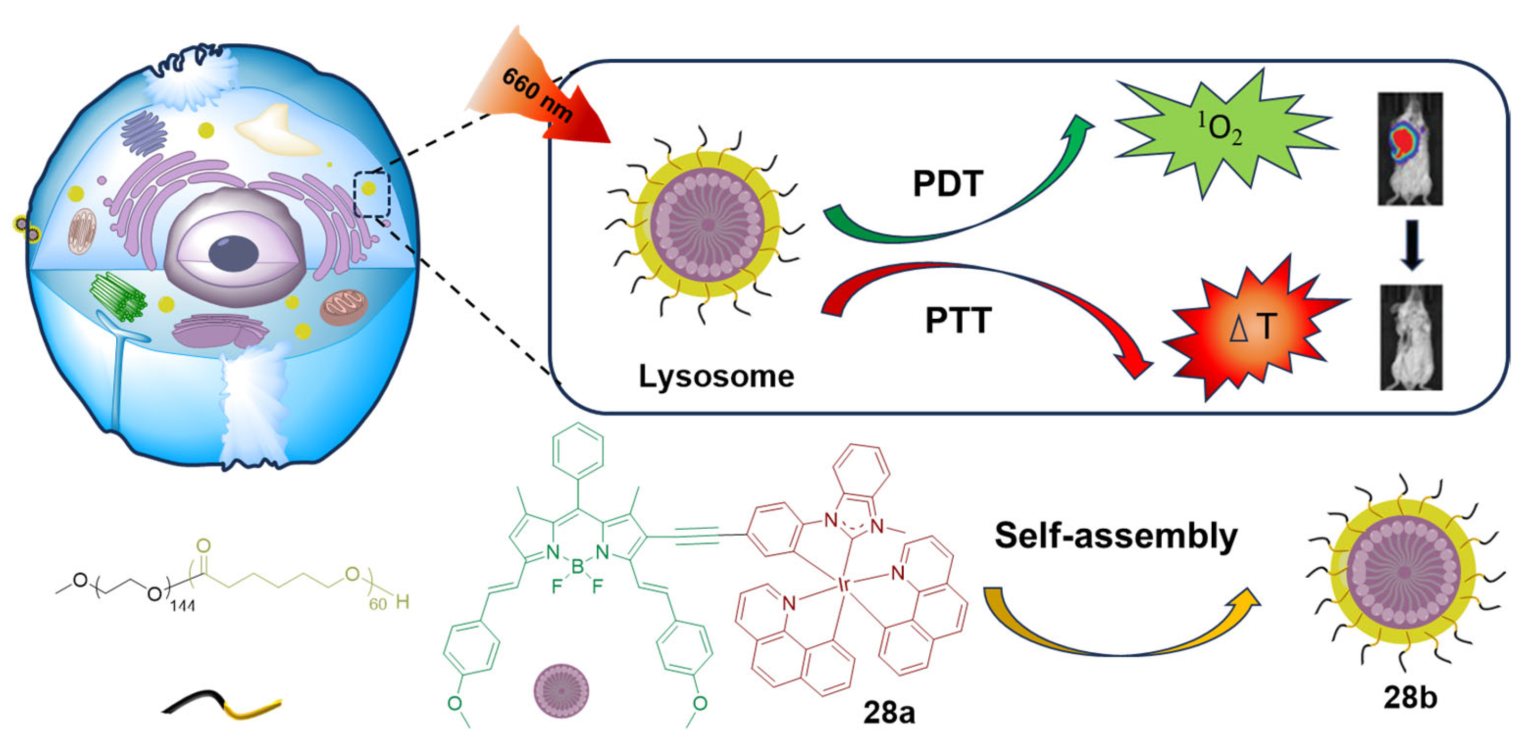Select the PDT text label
(948, 183)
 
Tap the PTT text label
(958, 320)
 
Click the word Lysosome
(716, 376)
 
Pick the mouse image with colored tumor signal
(1410, 148)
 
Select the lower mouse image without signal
(1410, 338)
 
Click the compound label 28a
(889, 712)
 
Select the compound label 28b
(1410, 697)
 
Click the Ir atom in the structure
(844, 584)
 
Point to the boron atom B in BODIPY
(577, 567)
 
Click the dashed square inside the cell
(372, 194)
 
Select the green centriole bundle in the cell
(118, 297)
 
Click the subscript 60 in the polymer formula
(377, 604)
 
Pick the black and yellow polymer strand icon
(222, 704)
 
